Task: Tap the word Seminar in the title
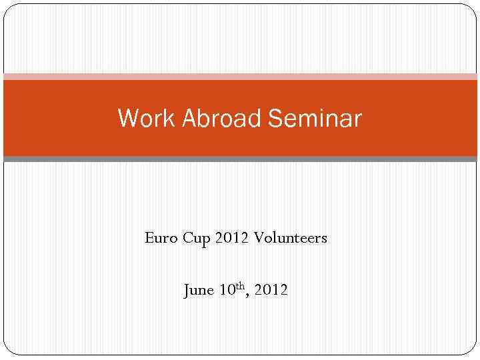[315, 119]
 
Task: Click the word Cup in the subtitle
[196, 238]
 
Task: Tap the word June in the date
[199, 291]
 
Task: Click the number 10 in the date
[227, 291]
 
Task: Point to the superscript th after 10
[240, 287]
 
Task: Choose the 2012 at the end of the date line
[271, 291]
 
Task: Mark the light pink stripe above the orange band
[240, 77]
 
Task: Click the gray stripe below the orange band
[240, 159]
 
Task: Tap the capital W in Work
[126, 119]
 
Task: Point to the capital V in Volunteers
[257, 238]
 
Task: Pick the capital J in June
[187, 291]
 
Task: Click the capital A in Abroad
[189, 119]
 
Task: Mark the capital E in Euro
[149, 238]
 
